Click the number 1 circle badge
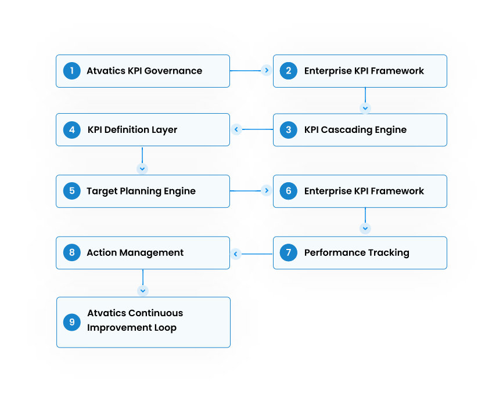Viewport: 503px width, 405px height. coord(71,71)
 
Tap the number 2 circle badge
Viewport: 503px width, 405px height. coord(289,71)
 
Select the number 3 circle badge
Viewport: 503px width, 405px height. coord(289,129)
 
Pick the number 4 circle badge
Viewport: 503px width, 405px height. coord(71,129)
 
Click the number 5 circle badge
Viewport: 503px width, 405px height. coord(71,191)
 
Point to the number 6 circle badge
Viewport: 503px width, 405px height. coord(289,191)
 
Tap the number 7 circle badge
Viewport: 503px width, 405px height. coord(289,252)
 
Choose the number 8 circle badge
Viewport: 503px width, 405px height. coord(71,252)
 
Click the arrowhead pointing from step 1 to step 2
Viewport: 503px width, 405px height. coord(267,71)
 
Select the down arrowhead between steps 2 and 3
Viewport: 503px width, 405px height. coord(365,109)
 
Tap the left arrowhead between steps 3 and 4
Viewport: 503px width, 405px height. coord(236,129)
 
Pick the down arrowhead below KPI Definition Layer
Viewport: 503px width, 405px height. coord(142,169)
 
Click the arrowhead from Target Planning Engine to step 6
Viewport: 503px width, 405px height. coord(267,191)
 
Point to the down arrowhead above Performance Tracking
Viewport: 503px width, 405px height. coord(365,229)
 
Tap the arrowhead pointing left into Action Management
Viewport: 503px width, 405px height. coord(236,254)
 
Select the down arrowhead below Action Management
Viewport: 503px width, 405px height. coord(143,290)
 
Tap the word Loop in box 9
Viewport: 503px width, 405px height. coord(165,327)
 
